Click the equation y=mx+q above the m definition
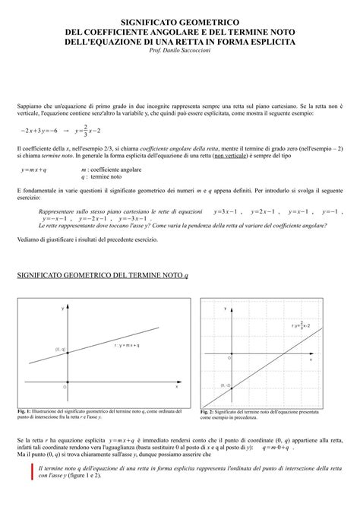pos(34,169)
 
